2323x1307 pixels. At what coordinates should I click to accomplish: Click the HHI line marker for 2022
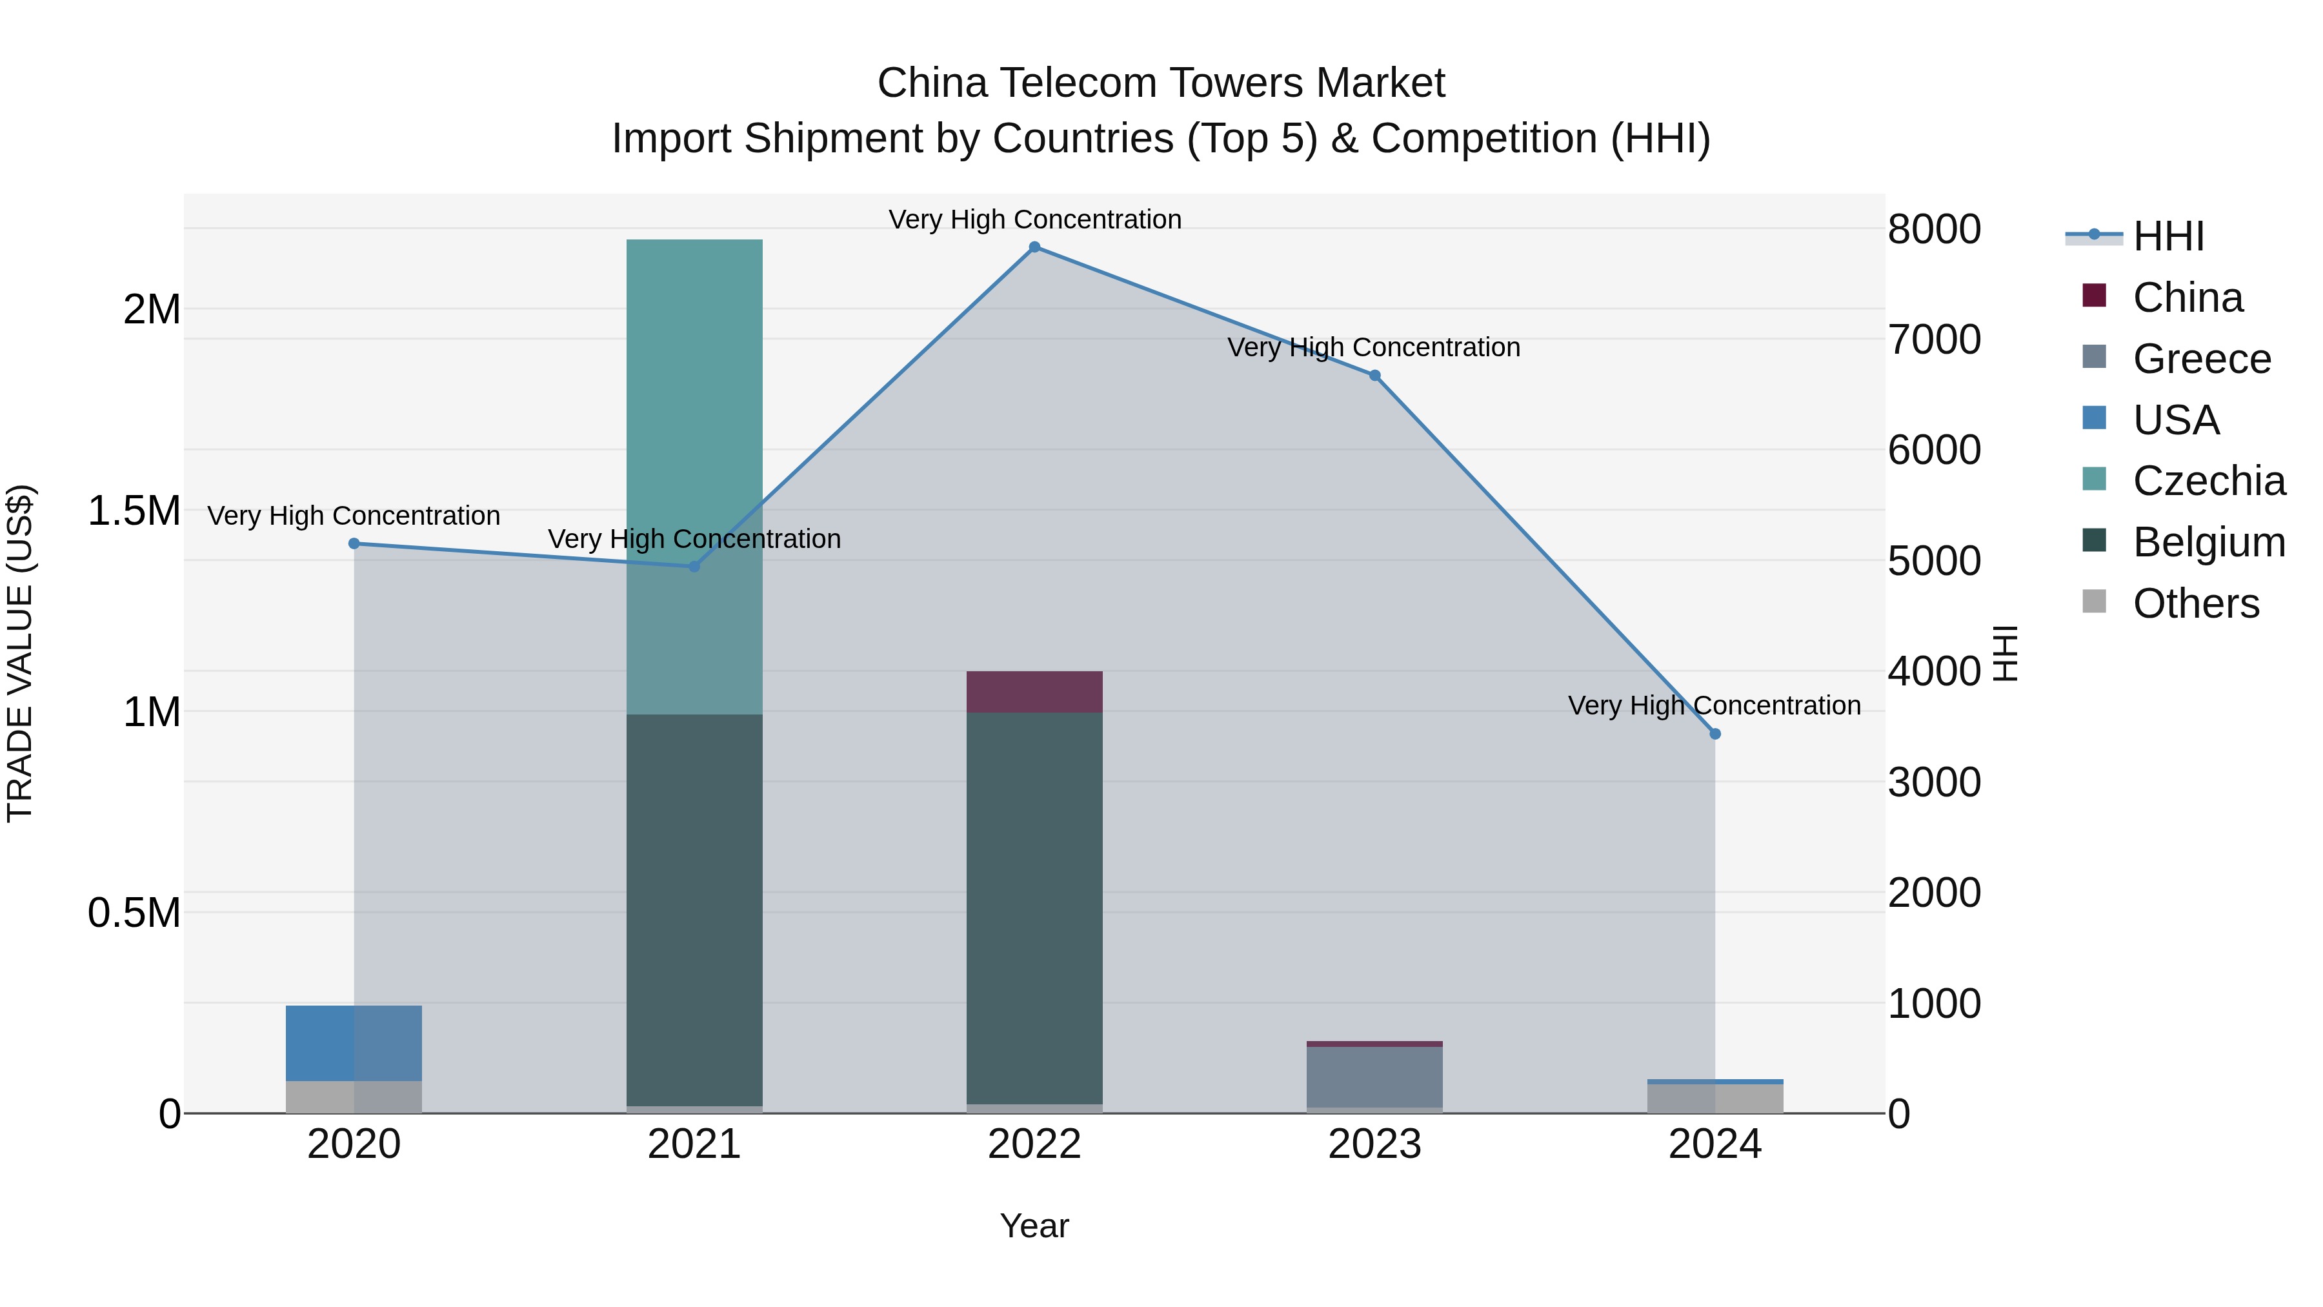pyautogui.click(x=1034, y=247)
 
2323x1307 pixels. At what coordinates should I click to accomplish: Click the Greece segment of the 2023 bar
pyautogui.click(x=1374, y=1077)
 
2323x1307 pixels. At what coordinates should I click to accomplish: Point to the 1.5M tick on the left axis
pyautogui.click(x=134, y=511)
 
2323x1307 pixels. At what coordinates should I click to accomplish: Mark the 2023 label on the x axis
pyautogui.click(x=1374, y=1144)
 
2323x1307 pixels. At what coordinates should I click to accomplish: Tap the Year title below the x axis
pyautogui.click(x=1034, y=1226)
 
